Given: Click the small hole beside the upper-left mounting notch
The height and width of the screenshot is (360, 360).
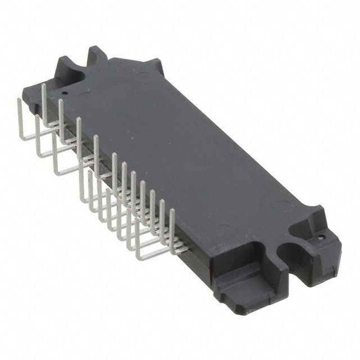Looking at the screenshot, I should point(64,93).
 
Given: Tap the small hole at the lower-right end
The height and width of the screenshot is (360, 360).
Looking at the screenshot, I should point(321,237).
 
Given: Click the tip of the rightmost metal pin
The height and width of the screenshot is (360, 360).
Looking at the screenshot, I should point(172,210).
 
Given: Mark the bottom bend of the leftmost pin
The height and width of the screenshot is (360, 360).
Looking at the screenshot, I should point(22,137).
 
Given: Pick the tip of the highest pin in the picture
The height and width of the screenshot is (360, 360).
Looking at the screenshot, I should point(44,85).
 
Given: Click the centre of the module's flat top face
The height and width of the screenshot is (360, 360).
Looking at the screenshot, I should point(186,152).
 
